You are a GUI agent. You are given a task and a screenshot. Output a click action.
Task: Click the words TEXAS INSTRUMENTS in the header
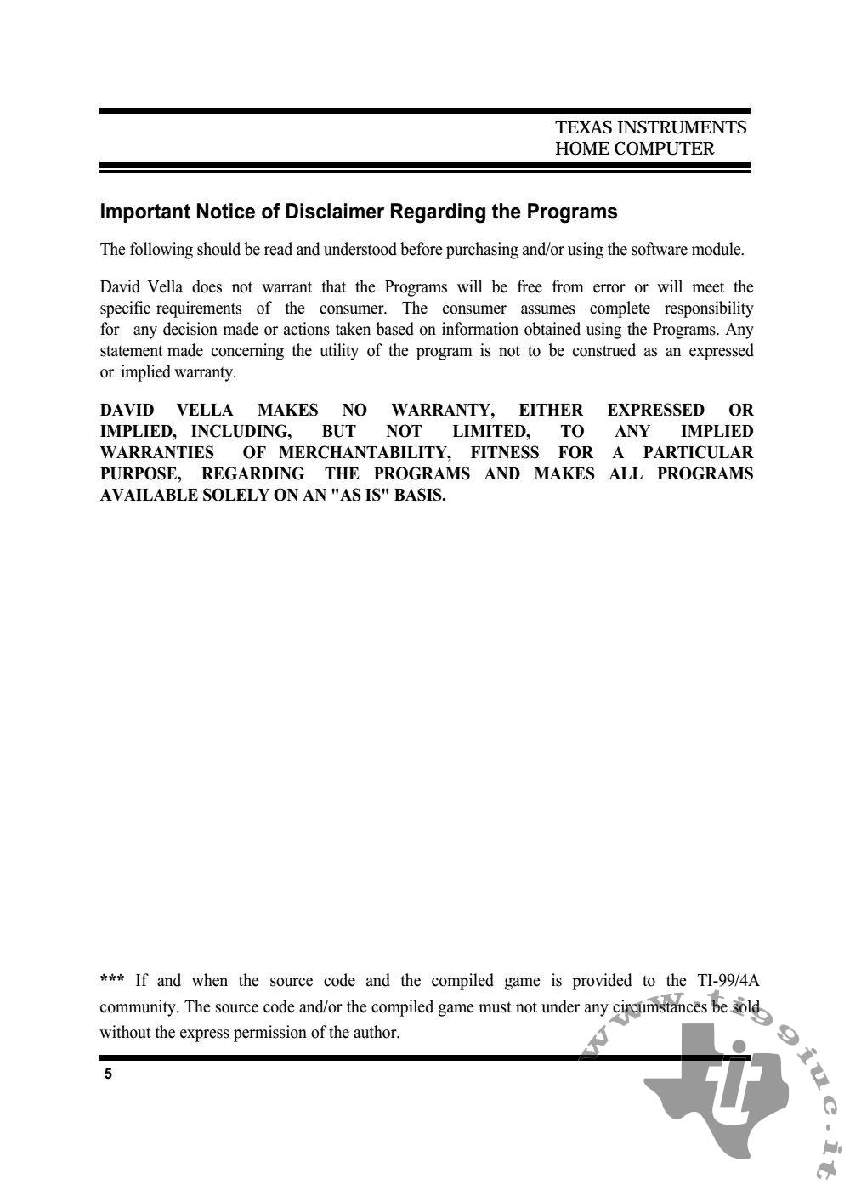[650, 127]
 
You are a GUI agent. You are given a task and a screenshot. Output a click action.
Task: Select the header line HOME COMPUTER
[634, 149]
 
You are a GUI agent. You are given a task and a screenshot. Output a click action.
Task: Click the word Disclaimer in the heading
[334, 212]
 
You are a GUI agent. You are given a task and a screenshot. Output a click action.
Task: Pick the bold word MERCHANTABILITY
[365, 453]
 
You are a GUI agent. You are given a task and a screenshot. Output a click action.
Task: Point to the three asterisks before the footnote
[112, 980]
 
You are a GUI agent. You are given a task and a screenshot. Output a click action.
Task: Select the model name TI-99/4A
[728, 981]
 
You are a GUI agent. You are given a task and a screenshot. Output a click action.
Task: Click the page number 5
[108, 1074]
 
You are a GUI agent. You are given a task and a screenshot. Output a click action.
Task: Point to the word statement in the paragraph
[131, 351]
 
